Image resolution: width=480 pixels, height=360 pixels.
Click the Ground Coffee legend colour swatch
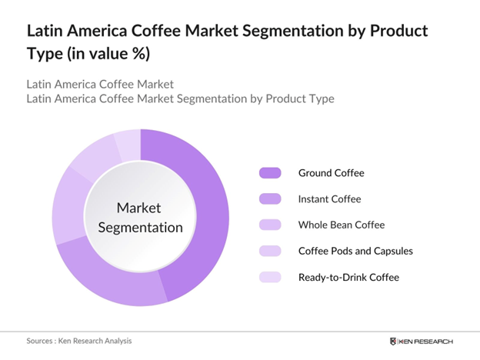[x=271, y=173]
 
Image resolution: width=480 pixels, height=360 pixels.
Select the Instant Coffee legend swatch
[x=271, y=199]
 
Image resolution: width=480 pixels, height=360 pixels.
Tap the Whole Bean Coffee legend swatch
[x=271, y=225]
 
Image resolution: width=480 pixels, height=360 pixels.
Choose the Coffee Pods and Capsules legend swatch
[x=271, y=251]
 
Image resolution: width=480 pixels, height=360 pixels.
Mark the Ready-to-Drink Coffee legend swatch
[x=271, y=277]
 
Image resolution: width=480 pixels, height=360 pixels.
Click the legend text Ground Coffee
[x=331, y=173]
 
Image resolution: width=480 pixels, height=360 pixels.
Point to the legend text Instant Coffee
[x=329, y=199]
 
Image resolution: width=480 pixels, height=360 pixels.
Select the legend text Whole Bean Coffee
[x=341, y=225]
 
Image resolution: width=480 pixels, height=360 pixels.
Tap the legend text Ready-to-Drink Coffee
[x=348, y=277]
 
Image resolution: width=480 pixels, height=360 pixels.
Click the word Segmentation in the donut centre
[x=140, y=227]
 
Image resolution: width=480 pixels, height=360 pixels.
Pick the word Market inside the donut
[x=140, y=208]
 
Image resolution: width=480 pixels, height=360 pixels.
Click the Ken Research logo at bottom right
[x=422, y=341]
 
